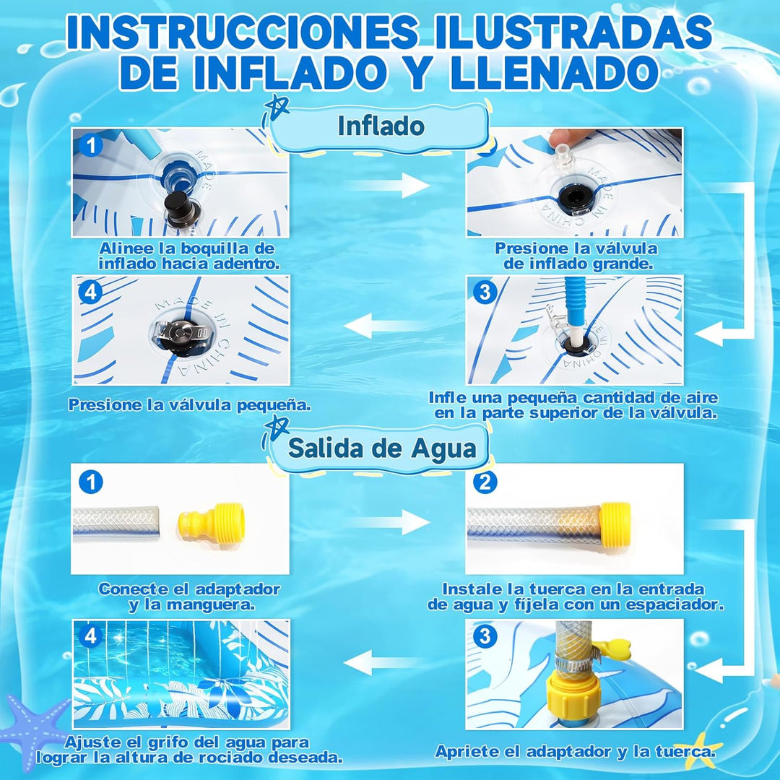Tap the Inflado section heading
click(381, 126)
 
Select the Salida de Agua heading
click(382, 448)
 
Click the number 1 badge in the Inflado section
click(91, 146)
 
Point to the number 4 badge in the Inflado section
click(90, 292)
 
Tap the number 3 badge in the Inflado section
click(485, 292)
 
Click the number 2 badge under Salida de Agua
click(485, 482)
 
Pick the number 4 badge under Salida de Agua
click(90, 636)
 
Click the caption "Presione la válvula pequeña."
click(189, 405)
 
